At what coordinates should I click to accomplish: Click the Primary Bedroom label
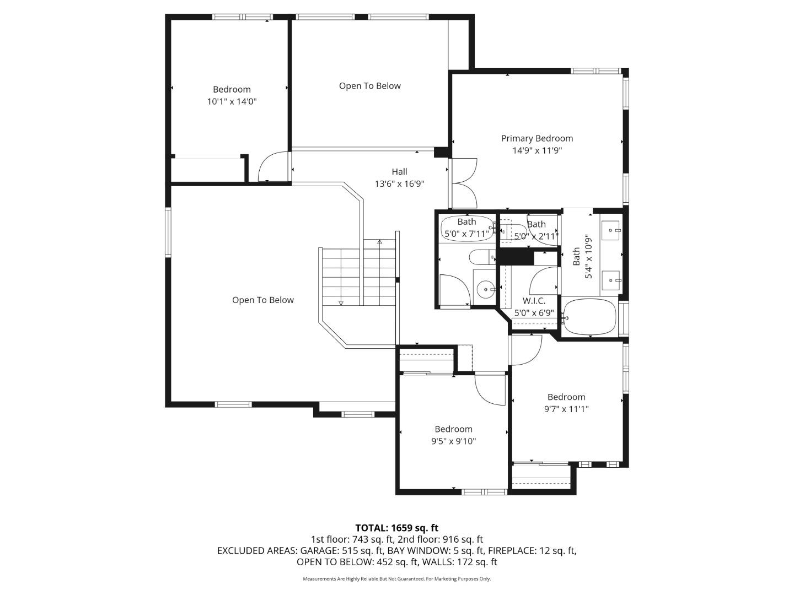(537, 138)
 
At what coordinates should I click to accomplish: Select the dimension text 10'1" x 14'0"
(232, 101)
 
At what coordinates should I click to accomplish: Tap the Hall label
(399, 172)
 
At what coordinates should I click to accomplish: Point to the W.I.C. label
(534, 301)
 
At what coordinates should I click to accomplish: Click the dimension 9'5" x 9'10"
(453, 441)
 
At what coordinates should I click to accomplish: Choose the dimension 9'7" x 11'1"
(566, 409)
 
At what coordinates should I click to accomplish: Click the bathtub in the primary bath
(589, 317)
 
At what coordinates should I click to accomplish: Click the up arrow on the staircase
(379, 242)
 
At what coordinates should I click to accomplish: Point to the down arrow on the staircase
(341, 302)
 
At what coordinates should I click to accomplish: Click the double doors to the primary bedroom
(463, 183)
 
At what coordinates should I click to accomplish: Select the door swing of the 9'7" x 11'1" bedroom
(526, 349)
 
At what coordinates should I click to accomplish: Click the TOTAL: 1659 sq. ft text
(396, 528)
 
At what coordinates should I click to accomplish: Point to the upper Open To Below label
(369, 86)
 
